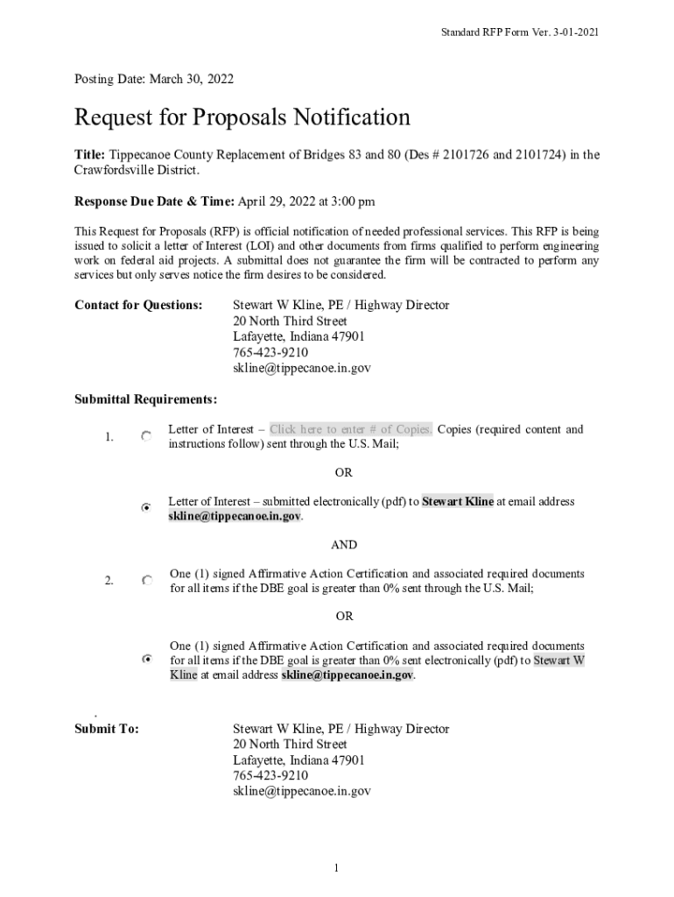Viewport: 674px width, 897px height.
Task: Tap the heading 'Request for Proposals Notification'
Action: [242, 117]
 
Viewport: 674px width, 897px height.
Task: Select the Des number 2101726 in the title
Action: [469, 155]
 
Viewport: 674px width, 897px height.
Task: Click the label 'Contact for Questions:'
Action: [138, 305]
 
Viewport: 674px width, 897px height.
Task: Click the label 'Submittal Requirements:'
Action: [145, 399]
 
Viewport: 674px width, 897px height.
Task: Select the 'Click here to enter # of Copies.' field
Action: [350, 429]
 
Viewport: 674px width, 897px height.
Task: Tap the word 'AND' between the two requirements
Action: [344, 545]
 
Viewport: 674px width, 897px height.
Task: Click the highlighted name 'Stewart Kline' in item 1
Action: [458, 502]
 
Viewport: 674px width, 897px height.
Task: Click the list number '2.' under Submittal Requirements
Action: [109, 581]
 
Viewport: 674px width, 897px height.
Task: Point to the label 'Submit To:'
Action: [107, 729]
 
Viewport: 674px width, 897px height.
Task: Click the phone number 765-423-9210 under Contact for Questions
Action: [270, 353]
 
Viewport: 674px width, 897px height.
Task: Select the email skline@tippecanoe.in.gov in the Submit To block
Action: [302, 791]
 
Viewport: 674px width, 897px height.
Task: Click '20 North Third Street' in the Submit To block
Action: [290, 745]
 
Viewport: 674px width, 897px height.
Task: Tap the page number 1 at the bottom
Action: [335, 868]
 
